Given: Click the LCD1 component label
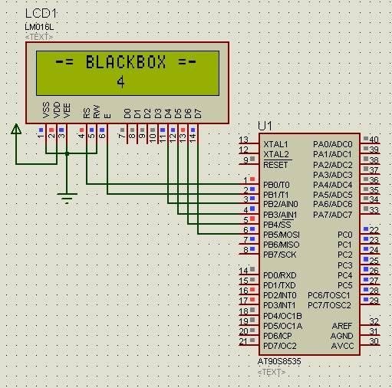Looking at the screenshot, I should click(x=43, y=13).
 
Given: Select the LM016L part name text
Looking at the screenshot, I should click(x=39, y=27).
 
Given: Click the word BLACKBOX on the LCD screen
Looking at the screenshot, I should click(x=126, y=62).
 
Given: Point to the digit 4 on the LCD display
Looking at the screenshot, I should click(x=120, y=81).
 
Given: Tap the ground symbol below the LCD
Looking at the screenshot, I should click(x=68, y=199).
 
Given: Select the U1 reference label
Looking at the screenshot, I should click(x=265, y=125).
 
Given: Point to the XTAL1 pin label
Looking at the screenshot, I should click(x=275, y=144).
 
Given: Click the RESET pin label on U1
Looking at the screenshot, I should click(x=275, y=165).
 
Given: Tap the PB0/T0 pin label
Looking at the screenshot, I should click(x=276, y=185).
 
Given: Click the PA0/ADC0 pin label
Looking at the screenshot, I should click(x=333, y=144).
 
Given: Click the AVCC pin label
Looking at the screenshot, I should click(x=342, y=346).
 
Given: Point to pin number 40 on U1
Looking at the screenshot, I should click(x=374, y=140).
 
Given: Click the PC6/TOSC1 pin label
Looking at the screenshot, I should click(x=330, y=295).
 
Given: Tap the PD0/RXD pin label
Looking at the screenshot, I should click(x=279, y=275).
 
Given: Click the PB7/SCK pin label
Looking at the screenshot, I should click(x=279, y=254).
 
